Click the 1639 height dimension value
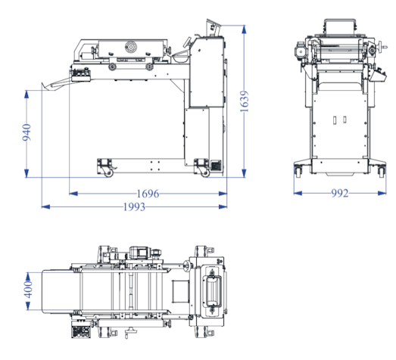[x=245, y=101]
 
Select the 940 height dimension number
[x=27, y=132]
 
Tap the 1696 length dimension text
[x=148, y=194]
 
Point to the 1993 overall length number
[x=134, y=207]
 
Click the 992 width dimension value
[x=340, y=194]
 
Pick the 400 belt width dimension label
[x=28, y=290]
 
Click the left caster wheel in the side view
[x=108, y=173]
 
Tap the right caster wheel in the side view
[x=205, y=173]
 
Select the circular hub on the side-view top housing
[x=131, y=47]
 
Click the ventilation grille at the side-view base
[x=216, y=166]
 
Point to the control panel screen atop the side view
[x=214, y=27]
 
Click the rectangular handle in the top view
[x=212, y=291]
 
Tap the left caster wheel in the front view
[x=298, y=171]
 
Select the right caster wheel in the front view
[x=381, y=172]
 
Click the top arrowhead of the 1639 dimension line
[x=244, y=29]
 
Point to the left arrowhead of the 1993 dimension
[x=45, y=207]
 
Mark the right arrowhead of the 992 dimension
[x=382, y=194]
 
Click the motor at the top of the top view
[x=139, y=253]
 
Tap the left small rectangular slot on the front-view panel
[x=335, y=120]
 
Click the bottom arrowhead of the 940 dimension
[x=27, y=173]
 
